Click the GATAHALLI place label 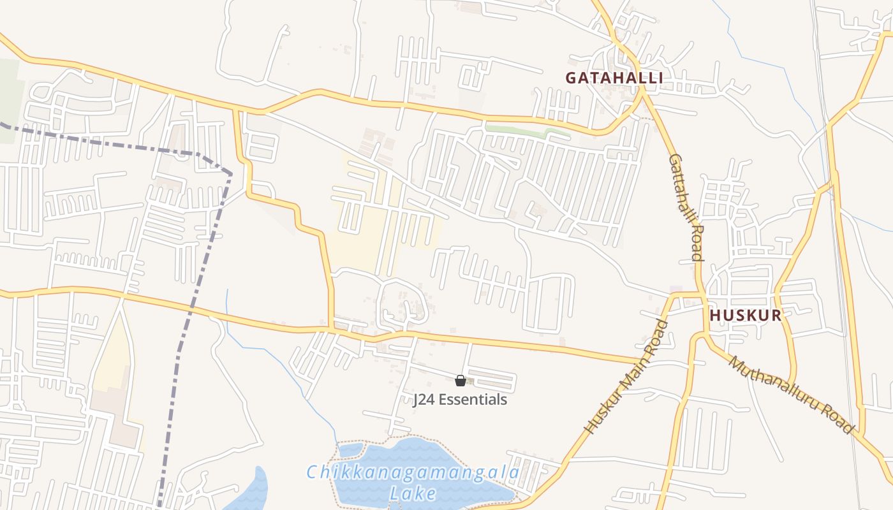pos(614,78)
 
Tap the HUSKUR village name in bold pos(746,315)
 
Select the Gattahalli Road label pos(686,207)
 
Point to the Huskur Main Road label pos(626,377)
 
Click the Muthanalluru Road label pos(791,395)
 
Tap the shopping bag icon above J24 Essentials pos(460,381)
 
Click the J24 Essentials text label pos(460,400)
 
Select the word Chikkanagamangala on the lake pos(413,473)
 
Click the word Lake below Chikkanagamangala pos(413,493)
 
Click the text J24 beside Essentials pos(424,400)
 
